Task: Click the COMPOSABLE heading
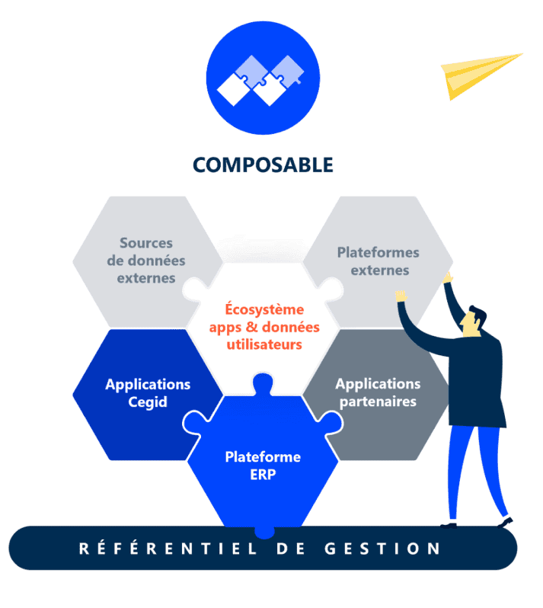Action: coord(262,165)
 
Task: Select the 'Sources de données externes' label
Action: coord(145,261)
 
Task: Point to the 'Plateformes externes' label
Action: coord(378,261)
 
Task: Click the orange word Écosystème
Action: coord(264,310)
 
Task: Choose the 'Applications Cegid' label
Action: coord(148,392)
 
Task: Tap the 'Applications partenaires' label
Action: coord(377,392)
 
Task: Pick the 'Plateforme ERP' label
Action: coord(263,465)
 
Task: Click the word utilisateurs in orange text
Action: coord(264,344)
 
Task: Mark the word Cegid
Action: coord(148,402)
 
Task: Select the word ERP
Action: coord(263,474)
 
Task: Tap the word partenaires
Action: coord(377,402)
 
